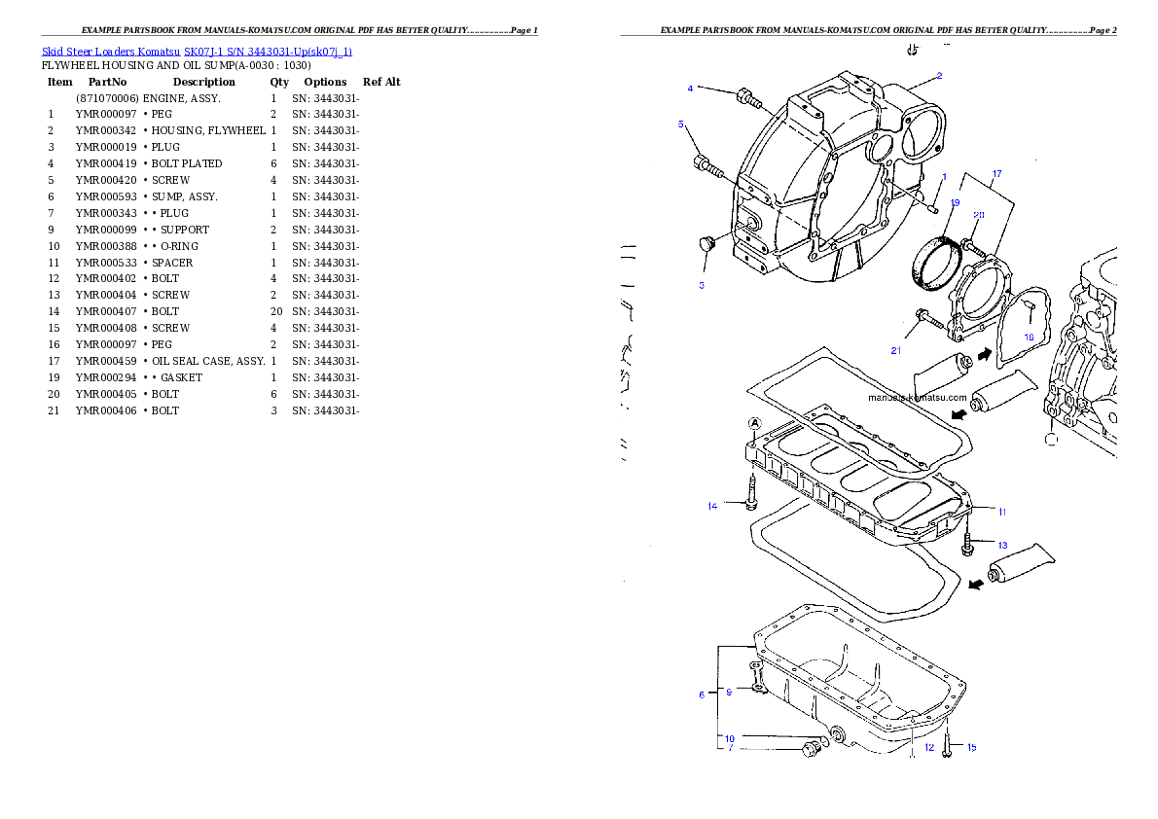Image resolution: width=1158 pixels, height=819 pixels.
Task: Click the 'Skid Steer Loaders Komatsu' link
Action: pos(111,52)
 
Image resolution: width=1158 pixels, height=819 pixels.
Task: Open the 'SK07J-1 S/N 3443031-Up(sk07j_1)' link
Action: pos(268,52)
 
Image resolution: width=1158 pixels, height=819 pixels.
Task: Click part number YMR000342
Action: pos(106,130)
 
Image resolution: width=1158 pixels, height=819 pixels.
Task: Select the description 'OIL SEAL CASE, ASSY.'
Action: pos(209,361)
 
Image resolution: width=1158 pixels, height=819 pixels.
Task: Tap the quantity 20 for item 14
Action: pos(276,311)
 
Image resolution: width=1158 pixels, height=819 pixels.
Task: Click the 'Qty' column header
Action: pos(279,82)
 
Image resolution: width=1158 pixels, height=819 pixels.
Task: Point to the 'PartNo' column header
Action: pos(107,82)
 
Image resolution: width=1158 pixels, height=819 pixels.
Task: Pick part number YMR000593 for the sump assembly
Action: pos(106,197)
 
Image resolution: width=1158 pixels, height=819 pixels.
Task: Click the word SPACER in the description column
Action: pos(172,263)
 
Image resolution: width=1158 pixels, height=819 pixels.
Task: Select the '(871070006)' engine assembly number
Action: pos(107,98)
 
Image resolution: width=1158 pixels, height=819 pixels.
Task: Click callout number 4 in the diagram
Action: pos(691,89)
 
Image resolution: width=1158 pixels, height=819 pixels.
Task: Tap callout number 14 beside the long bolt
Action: pos(712,506)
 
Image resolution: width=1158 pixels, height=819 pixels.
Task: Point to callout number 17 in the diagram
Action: pos(997,173)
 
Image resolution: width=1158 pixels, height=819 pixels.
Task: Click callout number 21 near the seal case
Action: pos(896,351)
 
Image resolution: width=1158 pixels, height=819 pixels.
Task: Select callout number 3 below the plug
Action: pos(702,285)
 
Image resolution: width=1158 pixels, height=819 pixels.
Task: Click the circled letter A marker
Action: pos(754,424)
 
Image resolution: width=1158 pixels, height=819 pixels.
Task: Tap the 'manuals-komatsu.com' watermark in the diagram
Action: pos(918,397)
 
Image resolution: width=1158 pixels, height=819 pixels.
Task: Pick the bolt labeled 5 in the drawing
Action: pos(708,166)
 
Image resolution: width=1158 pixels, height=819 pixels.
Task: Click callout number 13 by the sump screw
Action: pos(1002,545)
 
